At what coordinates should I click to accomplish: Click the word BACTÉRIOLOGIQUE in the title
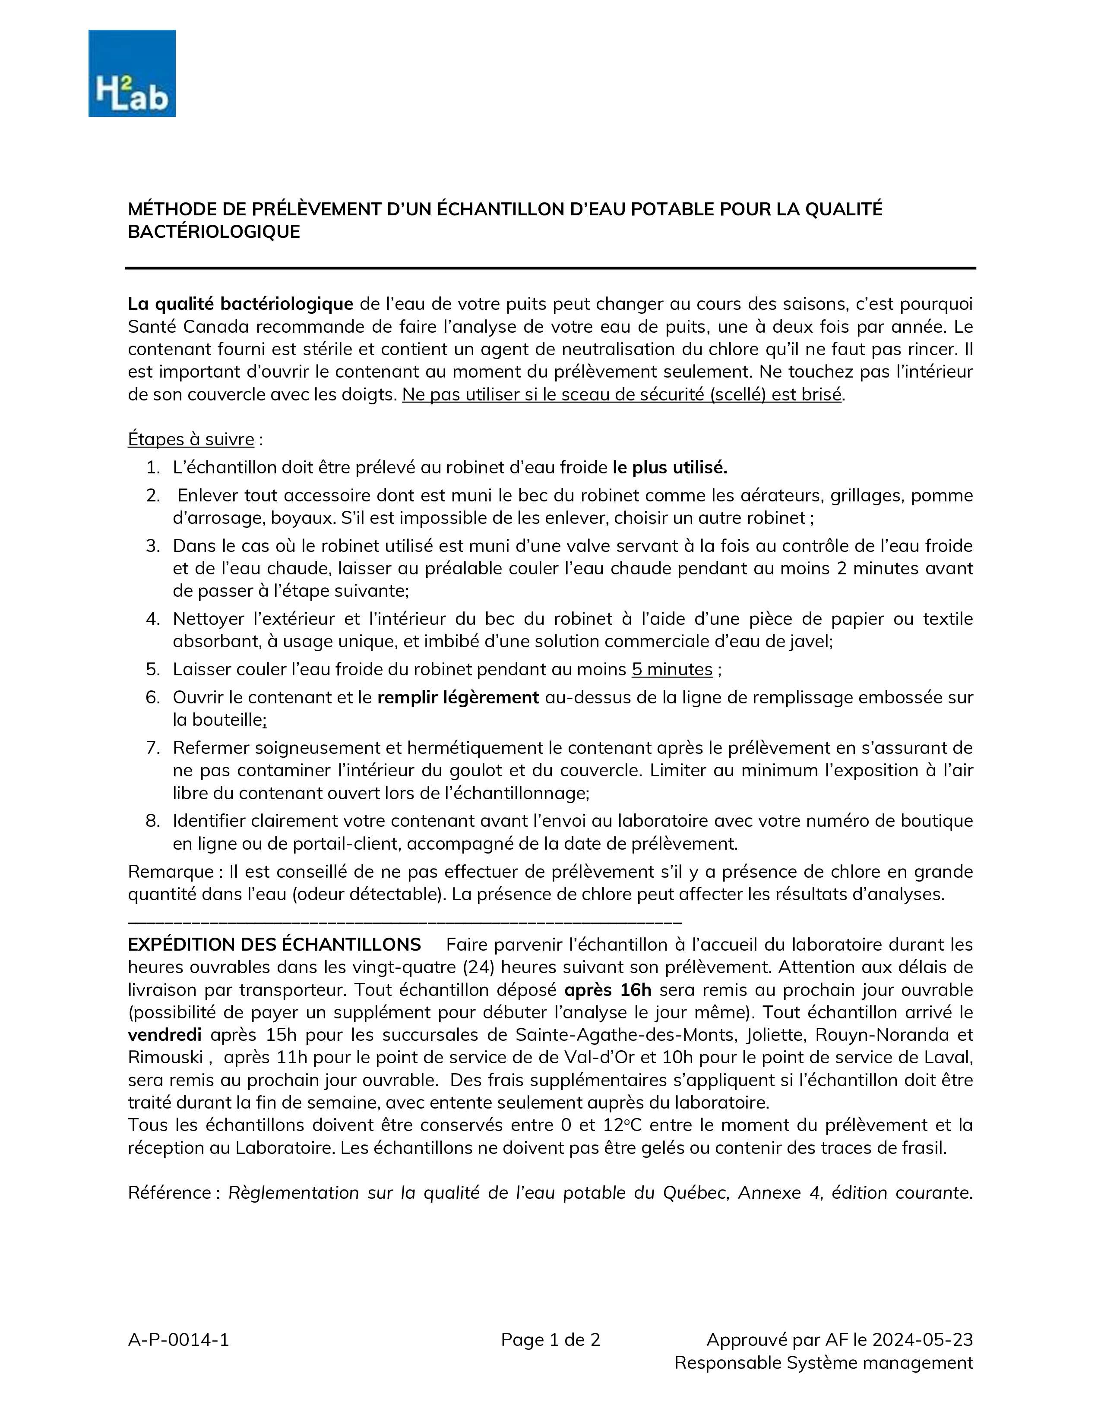point(214,232)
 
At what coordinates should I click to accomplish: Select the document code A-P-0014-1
point(178,1339)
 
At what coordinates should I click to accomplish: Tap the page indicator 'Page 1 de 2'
point(550,1339)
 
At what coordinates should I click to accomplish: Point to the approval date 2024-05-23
point(922,1339)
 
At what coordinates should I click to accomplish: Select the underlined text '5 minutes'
point(672,670)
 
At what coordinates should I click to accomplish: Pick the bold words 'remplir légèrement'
point(458,698)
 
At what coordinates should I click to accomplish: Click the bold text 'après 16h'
point(608,990)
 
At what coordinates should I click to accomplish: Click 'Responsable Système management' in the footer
point(823,1363)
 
